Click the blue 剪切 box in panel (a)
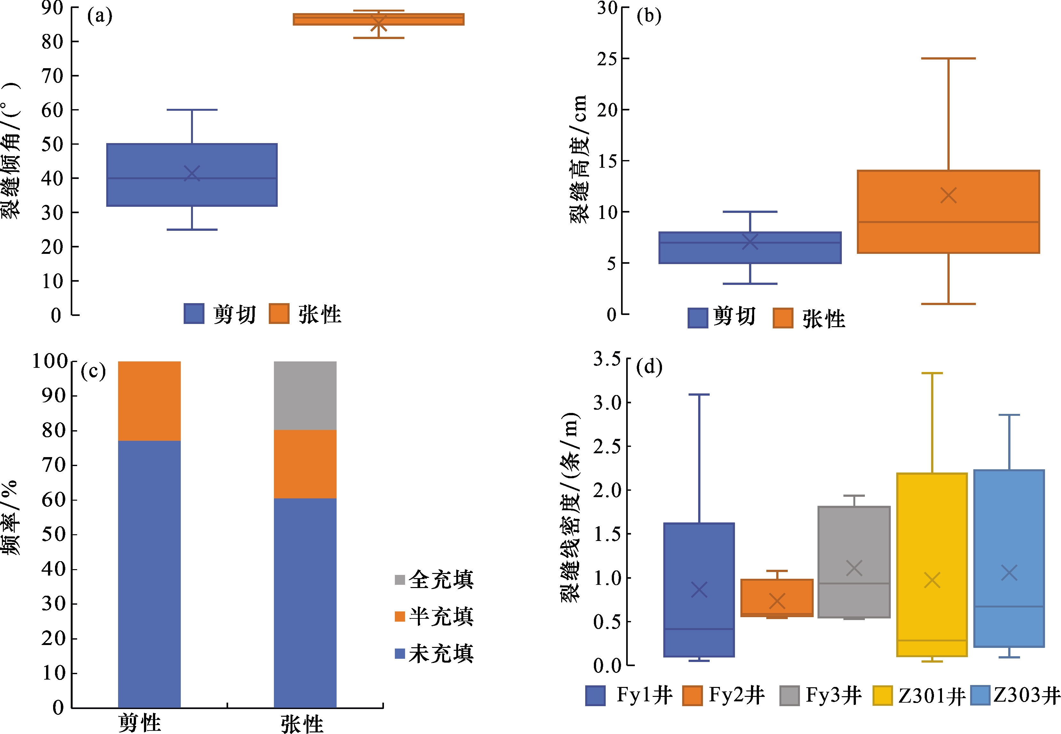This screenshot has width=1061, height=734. click(x=192, y=175)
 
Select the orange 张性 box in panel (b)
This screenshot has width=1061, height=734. click(x=948, y=212)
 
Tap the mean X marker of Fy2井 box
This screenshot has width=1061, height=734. click(x=777, y=601)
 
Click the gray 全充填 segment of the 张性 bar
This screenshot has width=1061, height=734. click(x=305, y=396)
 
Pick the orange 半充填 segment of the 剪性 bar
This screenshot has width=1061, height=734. click(x=149, y=401)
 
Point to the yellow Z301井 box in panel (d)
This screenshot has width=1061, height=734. click(x=932, y=565)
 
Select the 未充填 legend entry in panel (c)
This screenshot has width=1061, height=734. click(x=435, y=654)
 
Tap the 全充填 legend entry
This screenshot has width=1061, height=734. click(x=435, y=579)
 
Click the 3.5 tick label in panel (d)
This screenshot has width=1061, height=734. click(x=607, y=359)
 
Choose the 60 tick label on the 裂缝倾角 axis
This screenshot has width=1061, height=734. click(x=52, y=110)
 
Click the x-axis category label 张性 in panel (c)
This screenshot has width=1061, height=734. click(x=302, y=724)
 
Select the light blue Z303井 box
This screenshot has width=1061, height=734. click(x=1009, y=558)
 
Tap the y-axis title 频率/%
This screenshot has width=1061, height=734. click(x=10, y=517)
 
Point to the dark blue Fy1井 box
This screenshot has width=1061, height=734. click(x=699, y=590)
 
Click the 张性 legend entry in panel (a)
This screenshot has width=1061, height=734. click(x=305, y=314)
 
